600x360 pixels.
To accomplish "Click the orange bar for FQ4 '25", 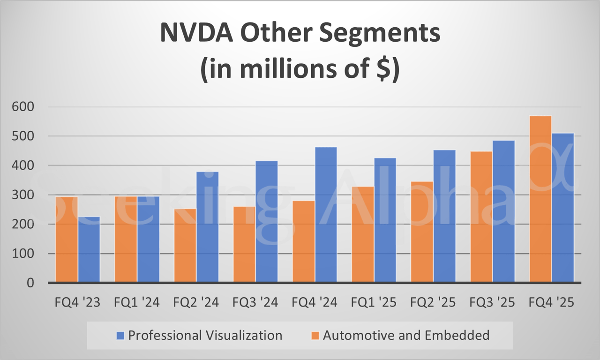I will coord(540,199).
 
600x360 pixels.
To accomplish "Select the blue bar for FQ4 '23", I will coord(89,249).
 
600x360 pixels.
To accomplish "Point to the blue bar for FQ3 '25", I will coord(503,211).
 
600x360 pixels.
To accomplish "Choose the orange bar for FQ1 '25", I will coord(363,234).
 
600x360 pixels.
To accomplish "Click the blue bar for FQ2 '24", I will coord(207,227).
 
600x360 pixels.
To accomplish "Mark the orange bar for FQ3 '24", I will coord(244,244).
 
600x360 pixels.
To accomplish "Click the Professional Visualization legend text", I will coord(205,335).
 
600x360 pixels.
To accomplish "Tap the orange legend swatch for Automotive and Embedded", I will coord(315,336).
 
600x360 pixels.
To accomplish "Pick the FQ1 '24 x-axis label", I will coord(137,302).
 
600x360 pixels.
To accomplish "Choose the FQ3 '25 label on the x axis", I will coord(492,302).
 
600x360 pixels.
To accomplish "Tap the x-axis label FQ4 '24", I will coord(315,302).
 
